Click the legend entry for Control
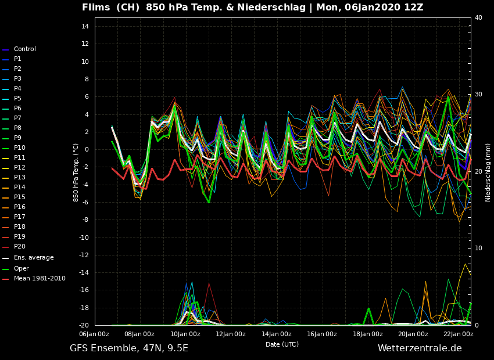pyautogui.click(x=24, y=49)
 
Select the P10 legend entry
pyautogui.click(x=19, y=148)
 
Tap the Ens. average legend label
pyautogui.click(x=33, y=258)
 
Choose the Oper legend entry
pyautogui.click(x=21, y=269)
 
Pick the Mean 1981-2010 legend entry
pyautogui.click(x=40, y=279)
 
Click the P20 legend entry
pyautogui.click(x=19, y=247)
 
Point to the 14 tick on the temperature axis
pyautogui.click(x=84, y=27)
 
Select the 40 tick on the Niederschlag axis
pyautogui.click(x=478, y=18)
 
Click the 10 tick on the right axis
pyautogui.click(x=478, y=249)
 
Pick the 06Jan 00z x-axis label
pyautogui.click(x=94, y=334)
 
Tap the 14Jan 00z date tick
pyautogui.click(x=277, y=334)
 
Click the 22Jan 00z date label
pyautogui.click(x=458, y=334)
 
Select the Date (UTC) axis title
pyautogui.click(x=282, y=345)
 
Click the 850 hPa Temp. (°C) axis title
pyautogui.click(x=76, y=172)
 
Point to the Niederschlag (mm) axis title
pyautogui.click(x=488, y=172)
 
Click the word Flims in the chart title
pyautogui.click(x=96, y=8)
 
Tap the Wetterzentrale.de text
pyautogui.click(x=420, y=348)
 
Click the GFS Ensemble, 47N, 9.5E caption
pyautogui.click(x=129, y=348)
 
